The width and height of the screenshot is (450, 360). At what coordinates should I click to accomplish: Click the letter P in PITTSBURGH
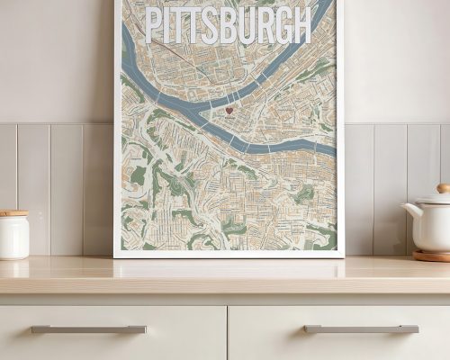(x=154, y=25)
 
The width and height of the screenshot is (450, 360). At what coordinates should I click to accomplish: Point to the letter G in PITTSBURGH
(x=279, y=25)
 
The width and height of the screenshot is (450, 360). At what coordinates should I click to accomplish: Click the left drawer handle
(x=88, y=329)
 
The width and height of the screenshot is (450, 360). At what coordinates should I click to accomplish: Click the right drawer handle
(x=361, y=329)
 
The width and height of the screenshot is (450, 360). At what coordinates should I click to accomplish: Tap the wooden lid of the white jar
(x=13, y=213)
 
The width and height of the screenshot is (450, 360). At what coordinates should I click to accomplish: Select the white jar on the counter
(x=13, y=236)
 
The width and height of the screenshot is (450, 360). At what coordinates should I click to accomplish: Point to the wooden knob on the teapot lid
(x=443, y=189)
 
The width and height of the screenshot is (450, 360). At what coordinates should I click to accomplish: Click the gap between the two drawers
(x=228, y=333)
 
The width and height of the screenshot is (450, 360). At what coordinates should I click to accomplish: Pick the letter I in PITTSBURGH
(x=167, y=25)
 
